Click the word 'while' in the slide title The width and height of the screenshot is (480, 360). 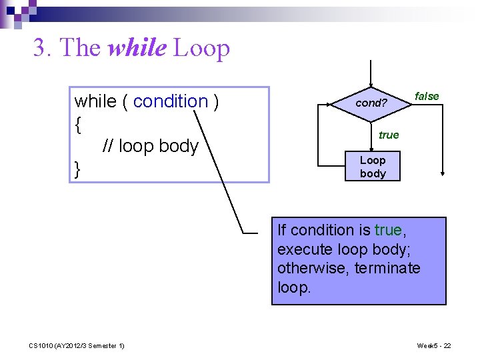137,48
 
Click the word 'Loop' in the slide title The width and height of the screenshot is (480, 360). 201,48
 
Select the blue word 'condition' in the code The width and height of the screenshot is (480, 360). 171,101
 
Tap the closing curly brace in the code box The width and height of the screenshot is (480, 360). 78,169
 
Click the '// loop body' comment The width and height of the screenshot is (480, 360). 150,146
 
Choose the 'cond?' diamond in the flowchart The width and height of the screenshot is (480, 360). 371,103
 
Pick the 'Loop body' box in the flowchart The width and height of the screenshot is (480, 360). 373,167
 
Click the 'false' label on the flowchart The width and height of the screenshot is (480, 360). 427,96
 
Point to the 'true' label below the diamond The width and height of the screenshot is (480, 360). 389,135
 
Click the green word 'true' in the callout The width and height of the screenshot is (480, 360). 388,230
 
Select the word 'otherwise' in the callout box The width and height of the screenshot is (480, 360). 309,268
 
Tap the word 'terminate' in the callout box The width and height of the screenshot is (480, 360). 387,268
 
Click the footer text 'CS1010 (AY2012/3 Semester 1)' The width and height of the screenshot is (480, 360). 77,345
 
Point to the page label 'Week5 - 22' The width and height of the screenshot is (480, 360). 434,345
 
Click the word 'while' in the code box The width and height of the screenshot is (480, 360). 95,101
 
